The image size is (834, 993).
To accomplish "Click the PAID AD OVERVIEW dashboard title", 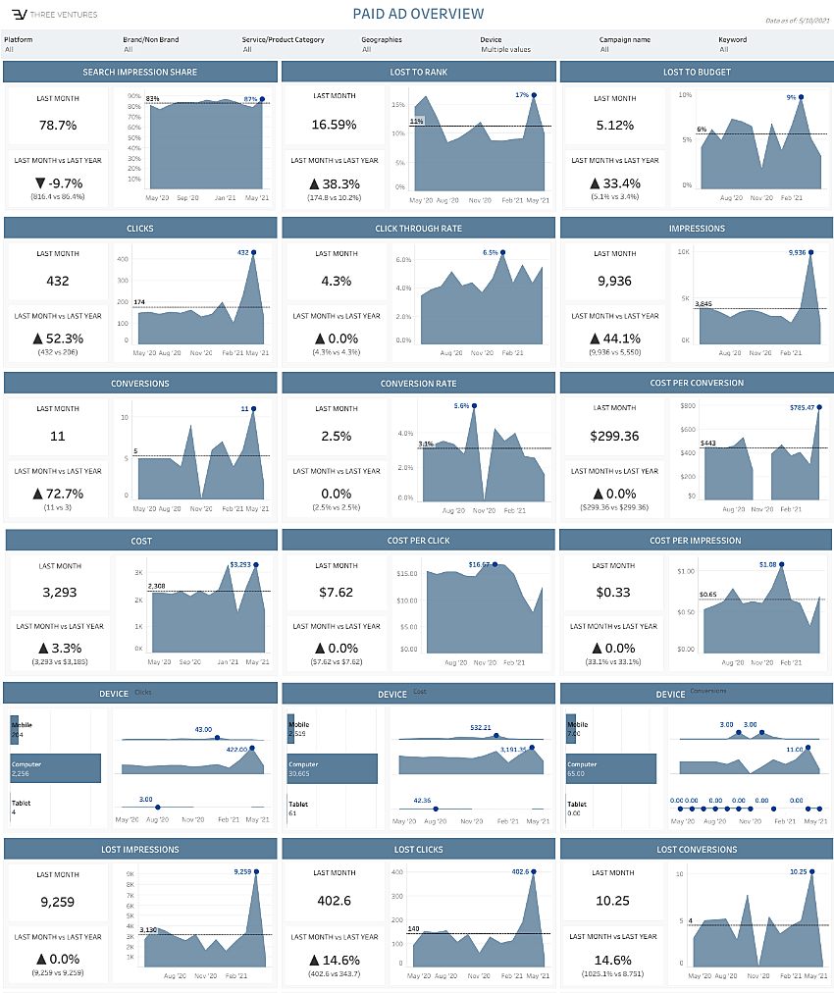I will [418, 14].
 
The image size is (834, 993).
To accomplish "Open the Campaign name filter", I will [649, 49].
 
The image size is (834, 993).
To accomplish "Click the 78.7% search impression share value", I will [58, 125].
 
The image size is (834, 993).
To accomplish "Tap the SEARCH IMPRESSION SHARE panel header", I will [140, 72].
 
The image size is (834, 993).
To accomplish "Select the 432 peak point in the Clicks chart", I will [254, 252].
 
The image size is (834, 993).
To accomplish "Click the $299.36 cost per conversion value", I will [615, 436].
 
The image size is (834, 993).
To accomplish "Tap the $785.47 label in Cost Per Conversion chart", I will [804, 407].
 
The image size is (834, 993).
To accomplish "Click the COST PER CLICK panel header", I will [419, 541].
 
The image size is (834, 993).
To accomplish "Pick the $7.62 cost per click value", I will [337, 593].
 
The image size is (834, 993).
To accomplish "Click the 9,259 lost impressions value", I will [58, 902].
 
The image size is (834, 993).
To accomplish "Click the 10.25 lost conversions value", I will [615, 902].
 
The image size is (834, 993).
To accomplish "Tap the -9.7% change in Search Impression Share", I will [58, 183].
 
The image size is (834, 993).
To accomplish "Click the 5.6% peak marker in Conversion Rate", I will [474, 404].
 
